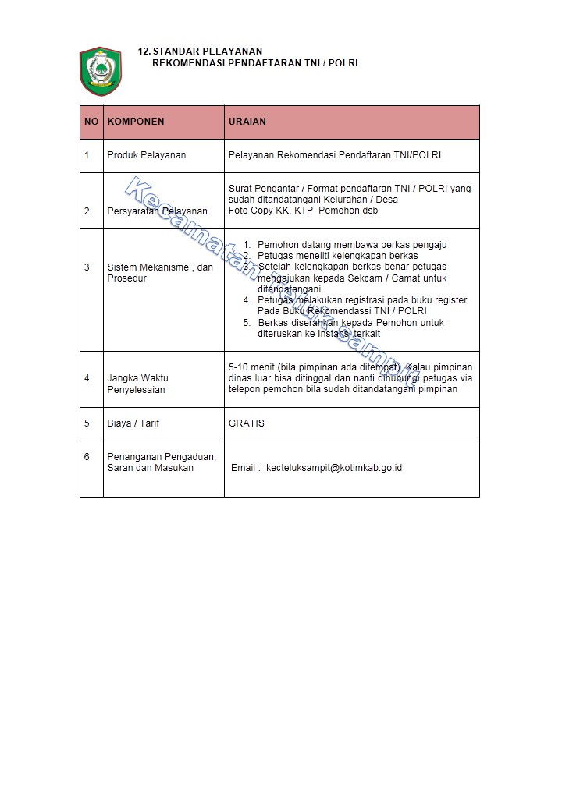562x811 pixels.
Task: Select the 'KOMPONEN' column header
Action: point(136,122)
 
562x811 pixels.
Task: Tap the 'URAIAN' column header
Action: point(247,122)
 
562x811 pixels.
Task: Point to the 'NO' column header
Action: point(91,122)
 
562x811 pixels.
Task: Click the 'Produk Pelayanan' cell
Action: point(147,155)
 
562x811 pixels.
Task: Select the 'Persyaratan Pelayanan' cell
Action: point(157,211)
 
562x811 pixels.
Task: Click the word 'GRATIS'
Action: point(247,423)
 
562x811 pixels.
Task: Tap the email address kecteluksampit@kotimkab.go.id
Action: point(334,468)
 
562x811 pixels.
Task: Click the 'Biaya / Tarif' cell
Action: point(133,423)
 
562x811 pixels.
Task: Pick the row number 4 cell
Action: point(87,378)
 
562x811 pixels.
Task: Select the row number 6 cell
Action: point(87,457)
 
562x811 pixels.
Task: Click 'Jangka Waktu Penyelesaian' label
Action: point(137,384)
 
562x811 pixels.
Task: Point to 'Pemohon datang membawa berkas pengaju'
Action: point(352,245)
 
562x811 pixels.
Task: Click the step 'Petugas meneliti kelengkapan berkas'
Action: point(338,256)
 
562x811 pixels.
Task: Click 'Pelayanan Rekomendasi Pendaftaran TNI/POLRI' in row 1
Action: point(335,155)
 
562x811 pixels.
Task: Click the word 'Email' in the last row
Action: point(244,468)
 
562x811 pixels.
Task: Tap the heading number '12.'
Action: point(144,51)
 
